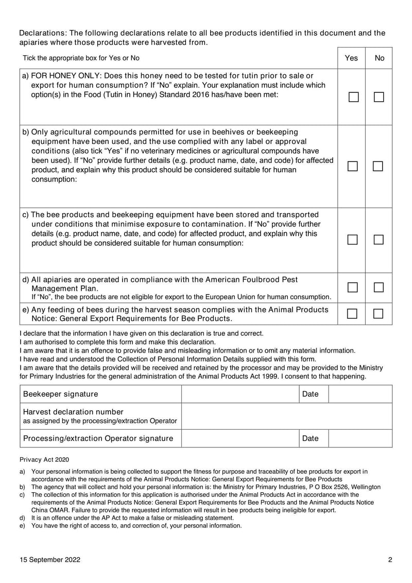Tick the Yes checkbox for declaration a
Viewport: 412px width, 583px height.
click(x=353, y=97)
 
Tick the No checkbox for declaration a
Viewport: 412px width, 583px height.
click(x=379, y=97)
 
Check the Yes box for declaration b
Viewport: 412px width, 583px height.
click(x=353, y=166)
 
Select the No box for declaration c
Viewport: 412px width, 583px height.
click(x=379, y=239)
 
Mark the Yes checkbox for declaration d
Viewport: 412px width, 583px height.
click(x=353, y=287)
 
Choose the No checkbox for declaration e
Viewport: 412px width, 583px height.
click(x=379, y=313)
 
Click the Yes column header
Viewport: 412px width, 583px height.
click(x=351, y=58)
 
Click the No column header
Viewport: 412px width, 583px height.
click(x=380, y=58)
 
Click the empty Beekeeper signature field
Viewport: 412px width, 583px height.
click(x=239, y=394)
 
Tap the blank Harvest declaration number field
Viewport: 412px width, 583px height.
click(x=287, y=416)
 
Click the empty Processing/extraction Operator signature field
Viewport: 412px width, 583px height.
click(x=239, y=439)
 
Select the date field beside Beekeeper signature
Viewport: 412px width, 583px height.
click(x=360, y=394)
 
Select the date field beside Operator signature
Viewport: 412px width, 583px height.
click(x=360, y=439)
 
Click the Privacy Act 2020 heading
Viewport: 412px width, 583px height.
click(x=44, y=459)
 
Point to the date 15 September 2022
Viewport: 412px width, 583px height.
click(x=50, y=560)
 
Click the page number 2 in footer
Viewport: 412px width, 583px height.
click(x=390, y=560)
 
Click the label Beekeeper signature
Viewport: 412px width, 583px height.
click(x=61, y=394)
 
